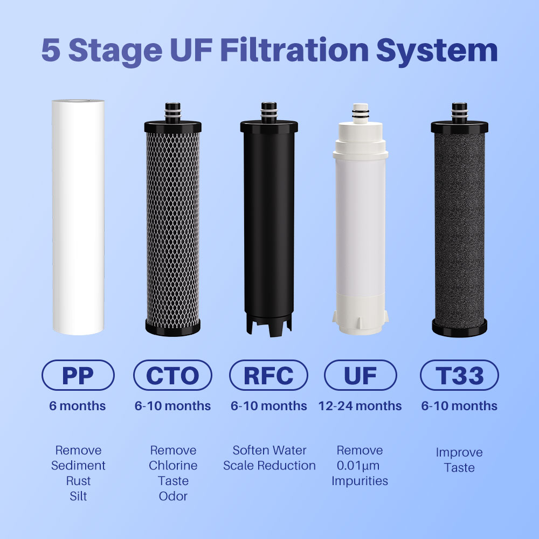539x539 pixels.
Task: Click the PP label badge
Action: tap(78, 375)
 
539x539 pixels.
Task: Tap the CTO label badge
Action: tap(172, 375)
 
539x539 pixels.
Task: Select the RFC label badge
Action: tap(268, 375)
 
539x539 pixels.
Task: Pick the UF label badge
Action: tap(360, 375)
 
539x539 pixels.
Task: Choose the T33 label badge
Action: tap(459, 375)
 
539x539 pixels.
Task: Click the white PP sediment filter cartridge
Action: tap(78, 217)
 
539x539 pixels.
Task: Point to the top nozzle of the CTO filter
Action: tap(172, 113)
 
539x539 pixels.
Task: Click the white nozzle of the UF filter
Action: tap(360, 113)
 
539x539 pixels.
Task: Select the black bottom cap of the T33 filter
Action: tap(459, 328)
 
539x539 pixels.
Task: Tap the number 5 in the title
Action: tap(51, 50)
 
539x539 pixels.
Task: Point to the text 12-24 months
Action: tap(360, 406)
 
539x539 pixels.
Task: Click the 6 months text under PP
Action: tap(77, 406)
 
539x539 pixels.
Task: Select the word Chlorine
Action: tap(173, 466)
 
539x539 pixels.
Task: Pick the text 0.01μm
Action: tap(358, 466)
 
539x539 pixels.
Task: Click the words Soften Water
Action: tap(269, 450)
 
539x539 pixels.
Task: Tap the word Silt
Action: tap(78, 496)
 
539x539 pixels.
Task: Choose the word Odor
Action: tap(173, 496)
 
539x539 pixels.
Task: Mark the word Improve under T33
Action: tap(459, 453)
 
